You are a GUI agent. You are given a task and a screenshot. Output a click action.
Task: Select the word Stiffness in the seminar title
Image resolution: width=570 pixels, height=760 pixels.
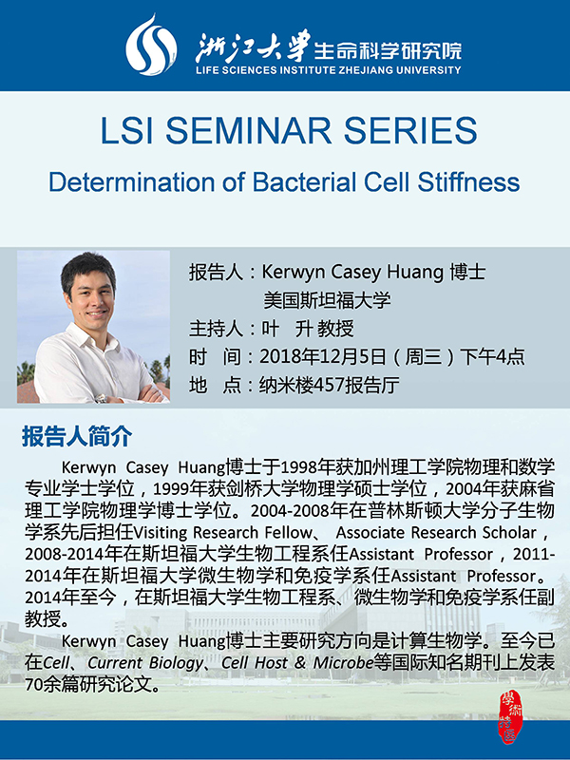pos(467,181)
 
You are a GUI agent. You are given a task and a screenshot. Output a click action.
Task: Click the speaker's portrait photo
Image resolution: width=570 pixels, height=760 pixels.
pos(93,327)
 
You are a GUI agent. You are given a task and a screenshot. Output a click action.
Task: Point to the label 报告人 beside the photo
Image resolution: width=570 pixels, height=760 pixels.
pos(217,273)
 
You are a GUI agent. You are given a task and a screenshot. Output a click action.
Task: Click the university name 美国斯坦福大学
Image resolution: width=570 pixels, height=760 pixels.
pos(327,300)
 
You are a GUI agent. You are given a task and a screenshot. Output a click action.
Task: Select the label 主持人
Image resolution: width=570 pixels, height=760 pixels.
pos(217,329)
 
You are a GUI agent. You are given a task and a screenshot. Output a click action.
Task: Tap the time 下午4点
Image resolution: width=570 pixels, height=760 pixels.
pos(492,357)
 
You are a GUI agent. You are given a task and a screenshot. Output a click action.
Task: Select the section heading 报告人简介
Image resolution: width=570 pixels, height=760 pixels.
pos(77,437)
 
